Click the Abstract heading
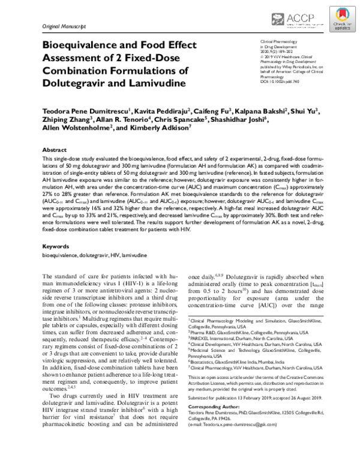tap(53, 166)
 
